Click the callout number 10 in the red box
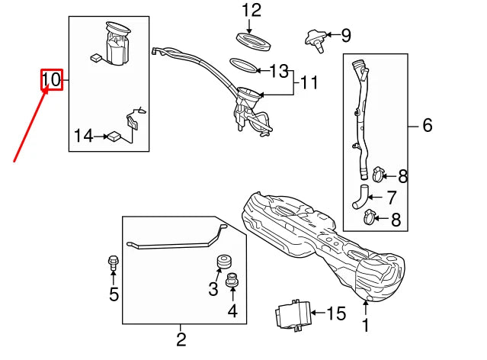point(51,79)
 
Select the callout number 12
point(252,10)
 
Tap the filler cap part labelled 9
point(316,40)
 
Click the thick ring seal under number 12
point(254,42)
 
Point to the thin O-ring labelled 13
point(244,66)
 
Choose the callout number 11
point(309,83)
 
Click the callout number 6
point(428,125)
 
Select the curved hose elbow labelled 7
point(360,197)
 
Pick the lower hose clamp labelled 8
point(370,217)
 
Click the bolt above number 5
point(113,263)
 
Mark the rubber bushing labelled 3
point(223,261)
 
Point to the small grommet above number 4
point(232,279)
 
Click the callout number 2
point(181,339)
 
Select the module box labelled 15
point(293,314)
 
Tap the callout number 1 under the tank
point(366,325)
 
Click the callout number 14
point(84,136)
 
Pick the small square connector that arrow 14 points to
point(114,137)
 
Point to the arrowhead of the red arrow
point(47,88)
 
